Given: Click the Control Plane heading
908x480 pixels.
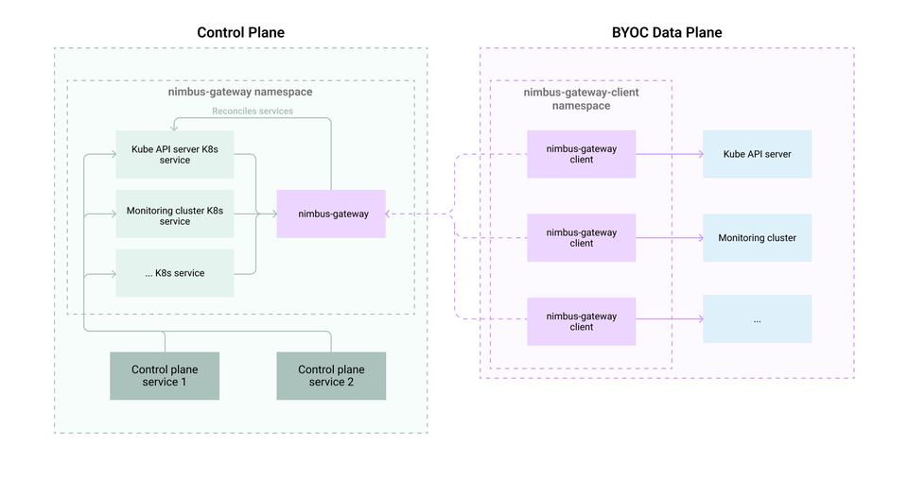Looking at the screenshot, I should click(240, 32).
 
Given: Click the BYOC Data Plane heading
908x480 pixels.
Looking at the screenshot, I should click(666, 32).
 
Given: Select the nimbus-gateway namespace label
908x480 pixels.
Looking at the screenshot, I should click(240, 93).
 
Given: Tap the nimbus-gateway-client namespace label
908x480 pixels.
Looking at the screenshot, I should click(581, 99).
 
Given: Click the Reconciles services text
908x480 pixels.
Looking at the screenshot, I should click(253, 111).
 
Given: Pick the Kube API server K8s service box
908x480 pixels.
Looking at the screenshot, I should click(175, 154).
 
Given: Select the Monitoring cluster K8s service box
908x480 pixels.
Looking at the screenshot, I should click(175, 215).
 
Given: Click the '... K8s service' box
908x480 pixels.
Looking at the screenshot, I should click(175, 273).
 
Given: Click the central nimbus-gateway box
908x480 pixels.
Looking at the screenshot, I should click(331, 214).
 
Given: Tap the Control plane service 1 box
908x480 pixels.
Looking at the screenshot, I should click(165, 375).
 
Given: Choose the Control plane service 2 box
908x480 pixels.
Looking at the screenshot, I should click(331, 375).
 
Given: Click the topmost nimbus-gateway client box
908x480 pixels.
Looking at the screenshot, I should click(582, 154).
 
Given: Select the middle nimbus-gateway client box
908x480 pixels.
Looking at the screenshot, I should click(582, 237).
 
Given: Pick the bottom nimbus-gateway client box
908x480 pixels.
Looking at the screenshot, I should click(582, 321).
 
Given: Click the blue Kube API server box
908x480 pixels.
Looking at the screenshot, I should click(757, 154).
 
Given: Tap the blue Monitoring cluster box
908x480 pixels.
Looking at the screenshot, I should click(757, 238).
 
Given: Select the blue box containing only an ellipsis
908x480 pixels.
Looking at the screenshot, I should click(757, 319).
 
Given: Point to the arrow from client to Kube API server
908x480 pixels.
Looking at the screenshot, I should click(669, 154).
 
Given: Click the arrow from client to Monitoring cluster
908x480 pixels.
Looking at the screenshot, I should click(669, 237).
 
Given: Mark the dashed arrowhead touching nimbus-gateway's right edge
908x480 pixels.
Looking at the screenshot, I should click(391, 214).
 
